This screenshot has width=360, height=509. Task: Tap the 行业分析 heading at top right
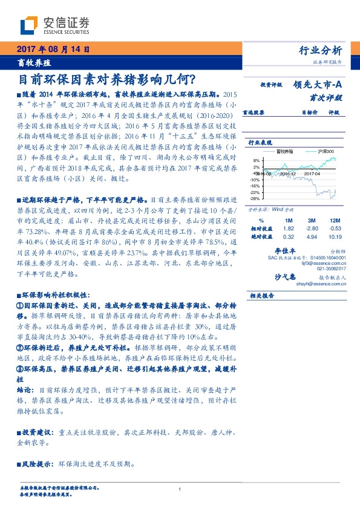click(x=321, y=50)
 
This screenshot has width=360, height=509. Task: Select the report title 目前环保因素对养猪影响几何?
click(x=103, y=79)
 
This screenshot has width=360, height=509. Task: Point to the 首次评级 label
click(x=326, y=97)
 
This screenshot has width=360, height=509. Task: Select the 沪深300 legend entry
click(x=325, y=152)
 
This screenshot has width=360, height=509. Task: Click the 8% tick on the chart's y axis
click(x=257, y=160)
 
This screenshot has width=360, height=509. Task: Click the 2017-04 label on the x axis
click(x=313, y=172)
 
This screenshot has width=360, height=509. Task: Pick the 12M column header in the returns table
click(x=331, y=221)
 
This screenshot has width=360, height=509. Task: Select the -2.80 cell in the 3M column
click(x=312, y=229)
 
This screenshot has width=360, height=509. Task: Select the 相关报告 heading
click(x=263, y=295)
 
